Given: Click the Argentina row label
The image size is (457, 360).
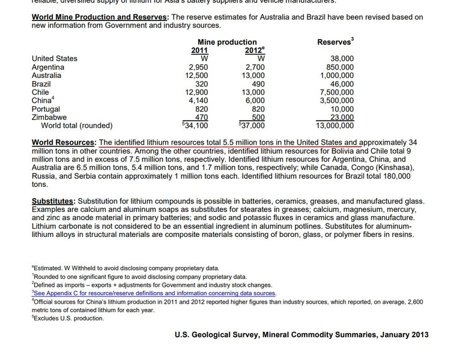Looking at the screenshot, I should click(48, 67).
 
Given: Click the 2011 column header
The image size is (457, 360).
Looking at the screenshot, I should click(199, 50).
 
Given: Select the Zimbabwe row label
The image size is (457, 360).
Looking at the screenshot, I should click(49, 118).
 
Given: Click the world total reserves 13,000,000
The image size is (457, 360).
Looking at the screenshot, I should click(334, 126).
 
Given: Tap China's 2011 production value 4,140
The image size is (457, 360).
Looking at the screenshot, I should click(198, 101).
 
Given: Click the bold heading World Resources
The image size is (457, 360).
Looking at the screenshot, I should click(64, 143).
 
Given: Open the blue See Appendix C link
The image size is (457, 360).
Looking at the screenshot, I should click(154, 293).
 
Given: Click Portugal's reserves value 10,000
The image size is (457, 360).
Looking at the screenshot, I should click(342, 109).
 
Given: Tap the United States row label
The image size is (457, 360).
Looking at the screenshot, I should click(55, 59).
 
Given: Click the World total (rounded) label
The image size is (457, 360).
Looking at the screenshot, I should click(77, 126).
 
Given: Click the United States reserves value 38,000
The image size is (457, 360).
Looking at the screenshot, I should click(342, 59).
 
